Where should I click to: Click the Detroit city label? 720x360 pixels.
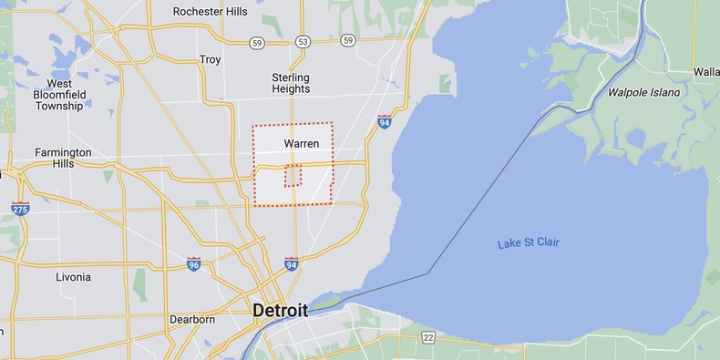click(x=282, y=310)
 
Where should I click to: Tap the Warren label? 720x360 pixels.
click(x=301, y=144)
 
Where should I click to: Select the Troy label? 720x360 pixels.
click(x=210, y=59)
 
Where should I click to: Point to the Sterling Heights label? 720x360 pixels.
click(x=291, y=83)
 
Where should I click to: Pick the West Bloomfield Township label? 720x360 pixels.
click(x=59, y=95)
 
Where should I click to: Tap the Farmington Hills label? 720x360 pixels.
click(x=63, y=158)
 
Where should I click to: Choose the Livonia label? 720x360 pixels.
click(x=73, y=277)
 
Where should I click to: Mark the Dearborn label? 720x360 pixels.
click(x=192, y=320)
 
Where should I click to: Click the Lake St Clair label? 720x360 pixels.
click(x=529, y=242)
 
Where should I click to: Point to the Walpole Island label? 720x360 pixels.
click(x=645, y=93)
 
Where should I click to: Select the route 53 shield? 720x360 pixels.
click(x=303, y=41)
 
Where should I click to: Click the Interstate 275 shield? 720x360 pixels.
click(x=20, y=209)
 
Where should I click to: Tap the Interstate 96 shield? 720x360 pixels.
click(x=193, y=263)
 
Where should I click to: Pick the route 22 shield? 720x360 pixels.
click(x=428, y=337)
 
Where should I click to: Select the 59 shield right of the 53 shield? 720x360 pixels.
click(x=348, y=41)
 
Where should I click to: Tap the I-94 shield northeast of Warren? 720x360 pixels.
click(x=385, y=120)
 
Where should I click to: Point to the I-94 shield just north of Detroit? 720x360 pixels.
click(x=291, y=264)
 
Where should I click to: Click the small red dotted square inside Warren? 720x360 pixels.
click(x=293, y=175)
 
